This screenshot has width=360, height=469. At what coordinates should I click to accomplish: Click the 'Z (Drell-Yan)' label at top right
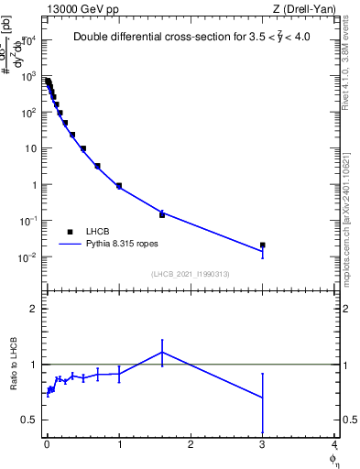point(305,9)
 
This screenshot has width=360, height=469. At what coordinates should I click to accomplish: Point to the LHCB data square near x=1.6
point(162,214)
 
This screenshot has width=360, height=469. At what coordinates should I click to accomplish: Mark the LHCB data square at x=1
point(119,186)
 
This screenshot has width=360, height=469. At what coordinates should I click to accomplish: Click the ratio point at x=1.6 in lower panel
point(162,352)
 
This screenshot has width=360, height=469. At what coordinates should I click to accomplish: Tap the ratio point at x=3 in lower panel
point(263,398)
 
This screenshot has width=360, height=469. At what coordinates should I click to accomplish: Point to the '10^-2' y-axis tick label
point(28,256)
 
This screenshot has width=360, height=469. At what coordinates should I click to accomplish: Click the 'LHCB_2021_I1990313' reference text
point(190,274)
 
